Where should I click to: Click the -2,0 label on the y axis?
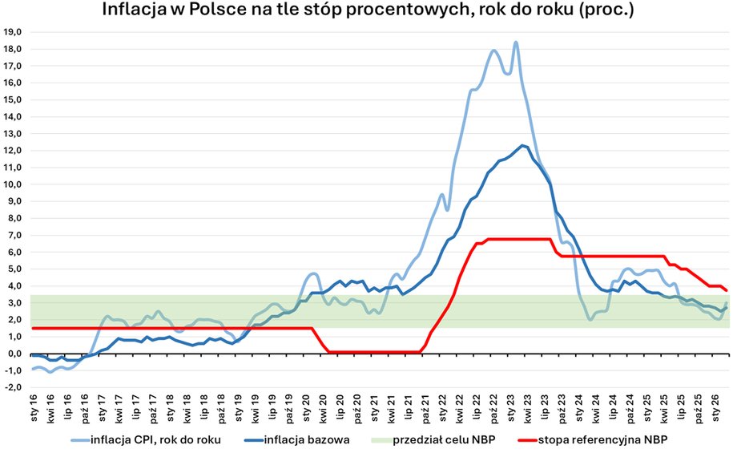tap(14, 387)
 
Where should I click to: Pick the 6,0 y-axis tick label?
tap(15, 252)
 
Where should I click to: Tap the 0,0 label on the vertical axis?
tap(15, 354)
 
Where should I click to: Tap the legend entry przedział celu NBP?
tap(440, 439)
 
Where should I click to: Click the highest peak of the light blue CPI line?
tap(516, 42)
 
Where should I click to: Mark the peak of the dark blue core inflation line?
tap(522, 145)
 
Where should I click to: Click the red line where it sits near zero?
tap(368, 351)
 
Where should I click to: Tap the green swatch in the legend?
tap(377, 439)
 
